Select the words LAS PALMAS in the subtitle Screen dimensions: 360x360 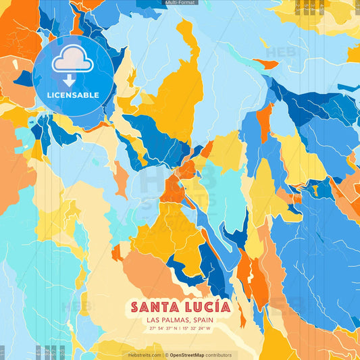[167, 320]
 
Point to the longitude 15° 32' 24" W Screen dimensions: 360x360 [197, 329]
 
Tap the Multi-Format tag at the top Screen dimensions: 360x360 [180, 3]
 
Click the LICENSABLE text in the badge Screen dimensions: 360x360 [73, 95]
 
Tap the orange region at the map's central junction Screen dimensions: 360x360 [172, 191]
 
